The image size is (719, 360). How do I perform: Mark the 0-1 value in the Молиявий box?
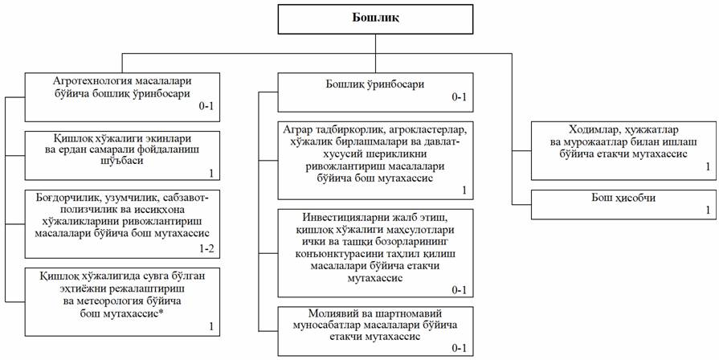[x=459, y=348]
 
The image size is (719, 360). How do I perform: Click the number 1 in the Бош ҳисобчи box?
[x=708, y=210]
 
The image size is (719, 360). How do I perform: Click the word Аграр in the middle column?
[x=300, y=129]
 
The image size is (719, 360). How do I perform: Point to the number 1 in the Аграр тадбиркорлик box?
[x=464, y=190]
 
